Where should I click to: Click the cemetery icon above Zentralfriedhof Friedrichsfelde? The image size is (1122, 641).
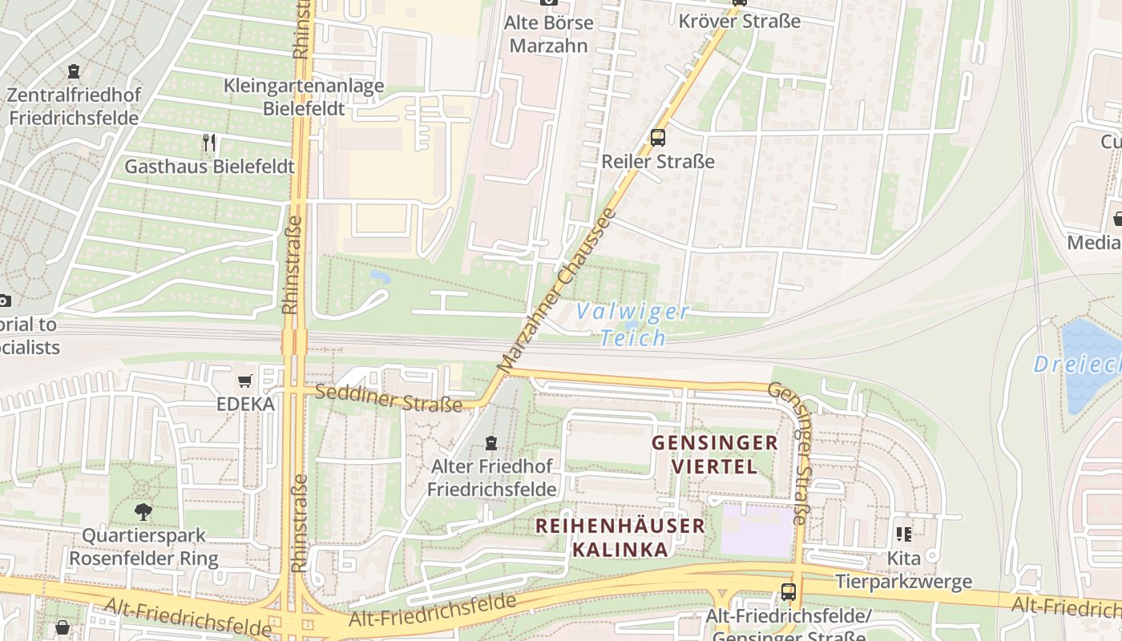74,71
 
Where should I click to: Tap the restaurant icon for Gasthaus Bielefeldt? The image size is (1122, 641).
209,143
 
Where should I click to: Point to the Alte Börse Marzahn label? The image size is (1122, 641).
549,34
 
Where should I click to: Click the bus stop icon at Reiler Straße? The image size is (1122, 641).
658,137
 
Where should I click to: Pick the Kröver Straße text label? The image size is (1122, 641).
739,21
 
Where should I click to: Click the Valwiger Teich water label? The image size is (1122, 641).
633,324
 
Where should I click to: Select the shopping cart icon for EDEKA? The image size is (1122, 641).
245,381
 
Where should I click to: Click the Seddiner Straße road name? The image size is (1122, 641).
389,397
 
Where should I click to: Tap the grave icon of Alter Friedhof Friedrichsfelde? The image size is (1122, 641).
491,442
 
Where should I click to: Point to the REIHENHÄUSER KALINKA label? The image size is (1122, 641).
620,538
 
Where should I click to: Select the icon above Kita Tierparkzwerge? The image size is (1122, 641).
904,534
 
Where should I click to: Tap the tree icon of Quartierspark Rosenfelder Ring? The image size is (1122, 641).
143,511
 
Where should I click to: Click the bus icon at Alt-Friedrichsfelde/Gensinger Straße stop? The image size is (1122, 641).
789,592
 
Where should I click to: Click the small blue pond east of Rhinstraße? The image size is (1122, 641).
380,277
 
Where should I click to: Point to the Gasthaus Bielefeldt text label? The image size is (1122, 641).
209,167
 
